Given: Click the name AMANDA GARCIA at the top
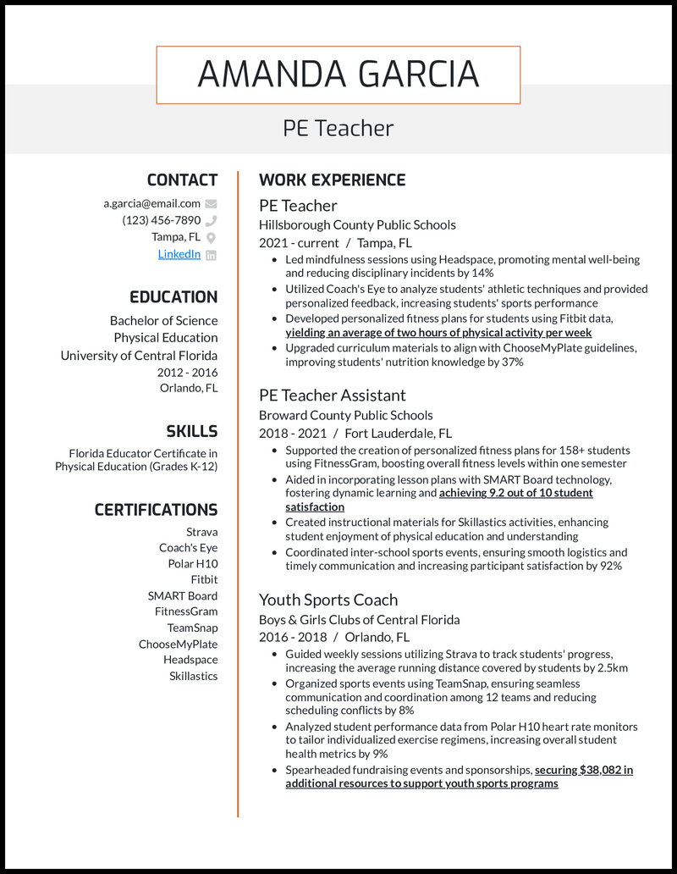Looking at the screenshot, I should coord(338,75).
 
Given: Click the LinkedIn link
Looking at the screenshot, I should coord(179,254).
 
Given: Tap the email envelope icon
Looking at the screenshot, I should coord(211,203).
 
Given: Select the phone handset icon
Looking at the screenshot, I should coord(211,220).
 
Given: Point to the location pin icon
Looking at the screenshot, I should coord(211,238).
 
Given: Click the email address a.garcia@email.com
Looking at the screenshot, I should coord(152,203).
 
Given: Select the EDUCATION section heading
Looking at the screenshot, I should coord(173,297).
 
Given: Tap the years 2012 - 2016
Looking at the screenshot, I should coord(187,373).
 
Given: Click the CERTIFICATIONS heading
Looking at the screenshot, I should coord(156,510).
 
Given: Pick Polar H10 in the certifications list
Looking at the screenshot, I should coord(193,564).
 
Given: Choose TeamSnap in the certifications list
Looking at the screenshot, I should coord(192,628).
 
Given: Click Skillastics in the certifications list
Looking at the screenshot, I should coord(193,676).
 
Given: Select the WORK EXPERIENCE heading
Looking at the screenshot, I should coord(332,180).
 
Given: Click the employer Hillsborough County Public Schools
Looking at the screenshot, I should coord(357,225).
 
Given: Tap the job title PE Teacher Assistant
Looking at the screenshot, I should coord(332,396).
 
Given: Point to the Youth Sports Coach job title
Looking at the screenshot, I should coord(327,600).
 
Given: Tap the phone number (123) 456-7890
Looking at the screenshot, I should coord(162,220).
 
